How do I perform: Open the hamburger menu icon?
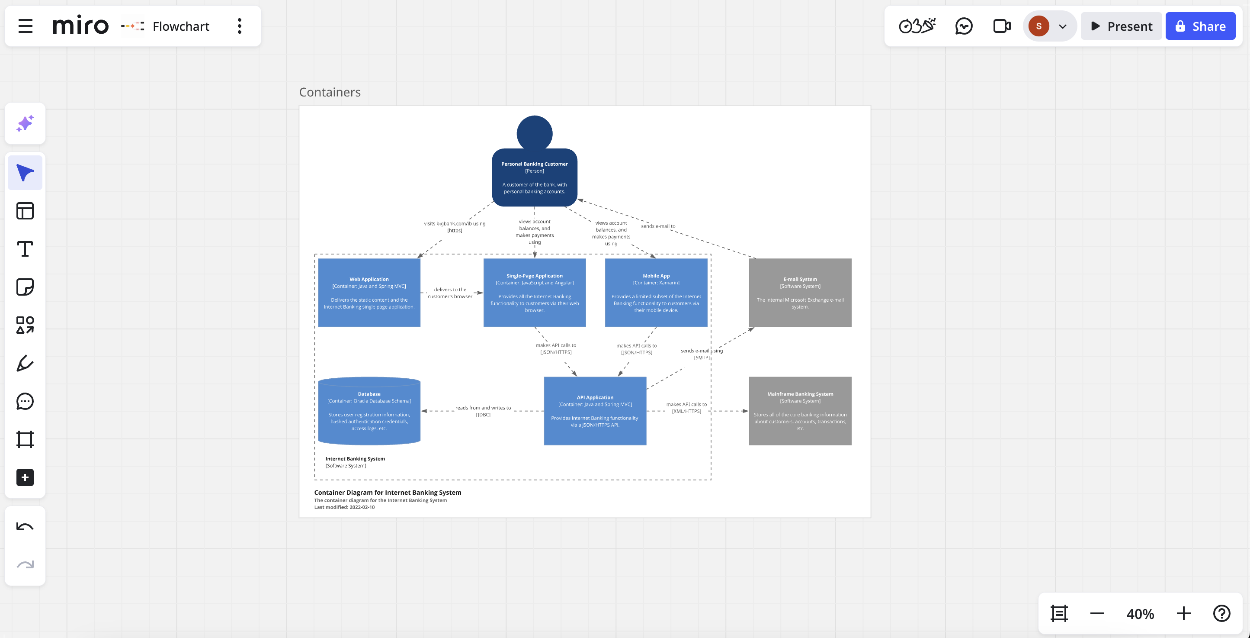click(x=26, y=26)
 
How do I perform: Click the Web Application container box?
click(x=369, y=293)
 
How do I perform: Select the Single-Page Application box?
click(x=534, y=293)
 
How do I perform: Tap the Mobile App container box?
click(x=656, y=293)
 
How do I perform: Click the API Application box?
click(x=595, y=411)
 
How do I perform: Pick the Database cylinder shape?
click(x=369, y=411)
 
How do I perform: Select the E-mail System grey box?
click(x=800, y=293)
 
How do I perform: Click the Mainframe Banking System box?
click(x=800, y=411)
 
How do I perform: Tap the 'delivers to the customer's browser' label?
click(x=450, y=293)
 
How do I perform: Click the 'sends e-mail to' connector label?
click(x=658, y=226)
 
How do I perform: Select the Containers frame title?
click(x=330, y=92)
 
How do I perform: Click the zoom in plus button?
click(x=1183, y=614)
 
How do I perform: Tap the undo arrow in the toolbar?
click(x=25, y=527)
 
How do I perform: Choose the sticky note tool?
click(x=25, y=287)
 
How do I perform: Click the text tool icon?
click(x=25, y=249)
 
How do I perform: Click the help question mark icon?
click(x=1221, y=614)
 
